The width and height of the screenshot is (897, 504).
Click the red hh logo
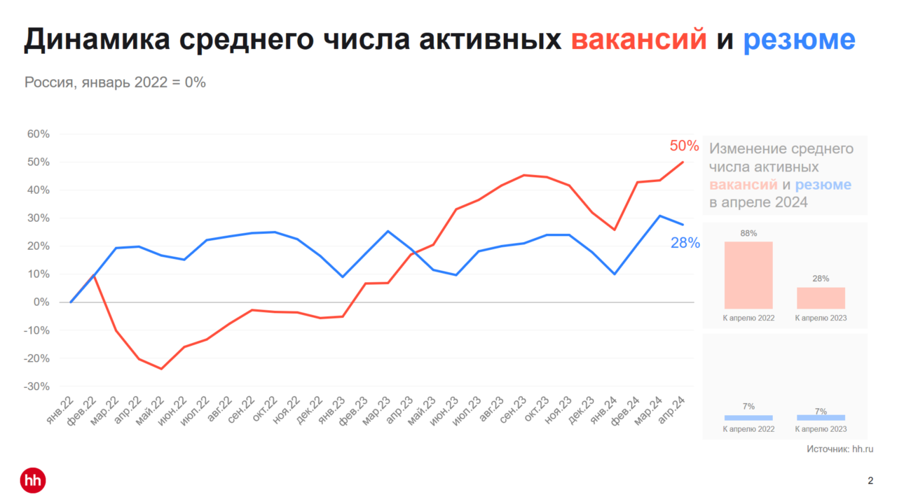click(33, 480)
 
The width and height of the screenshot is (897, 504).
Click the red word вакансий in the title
click(639, 40)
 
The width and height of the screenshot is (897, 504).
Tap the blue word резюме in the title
click(799, 40)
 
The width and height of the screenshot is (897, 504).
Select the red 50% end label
click(684, 146)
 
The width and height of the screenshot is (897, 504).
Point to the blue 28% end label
click(685, 243)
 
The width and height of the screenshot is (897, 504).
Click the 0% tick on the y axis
click(43, 302)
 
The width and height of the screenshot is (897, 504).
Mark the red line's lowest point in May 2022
click(161, 369)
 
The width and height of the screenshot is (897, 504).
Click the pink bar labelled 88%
click(748, 275)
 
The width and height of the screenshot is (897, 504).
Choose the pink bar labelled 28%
click(821, 298)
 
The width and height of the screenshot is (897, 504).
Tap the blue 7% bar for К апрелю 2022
click(748, 417)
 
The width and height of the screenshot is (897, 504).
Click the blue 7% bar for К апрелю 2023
click(821, 417)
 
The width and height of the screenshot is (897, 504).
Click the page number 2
click(870, 480)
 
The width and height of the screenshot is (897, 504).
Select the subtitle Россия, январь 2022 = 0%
click(116, 82)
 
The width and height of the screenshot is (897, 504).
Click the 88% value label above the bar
click(748, 233)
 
